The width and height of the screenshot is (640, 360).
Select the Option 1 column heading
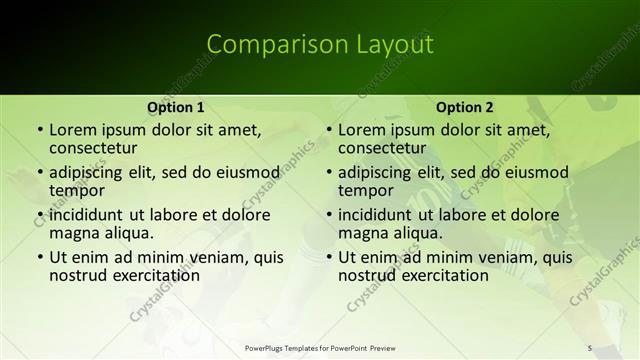[176, 107]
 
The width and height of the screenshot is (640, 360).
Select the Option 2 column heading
[465, 107]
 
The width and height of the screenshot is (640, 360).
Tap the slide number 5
[590, 347]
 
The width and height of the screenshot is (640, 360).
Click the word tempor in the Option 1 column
[78, 190]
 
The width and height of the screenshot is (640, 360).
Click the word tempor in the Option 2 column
[367, 190]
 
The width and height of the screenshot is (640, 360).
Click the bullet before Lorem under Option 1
[39, 130]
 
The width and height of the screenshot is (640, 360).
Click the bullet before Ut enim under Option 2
[328, 257]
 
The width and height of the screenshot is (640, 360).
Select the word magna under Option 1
[75, 233]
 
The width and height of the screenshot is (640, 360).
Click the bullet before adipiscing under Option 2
[328, 172]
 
